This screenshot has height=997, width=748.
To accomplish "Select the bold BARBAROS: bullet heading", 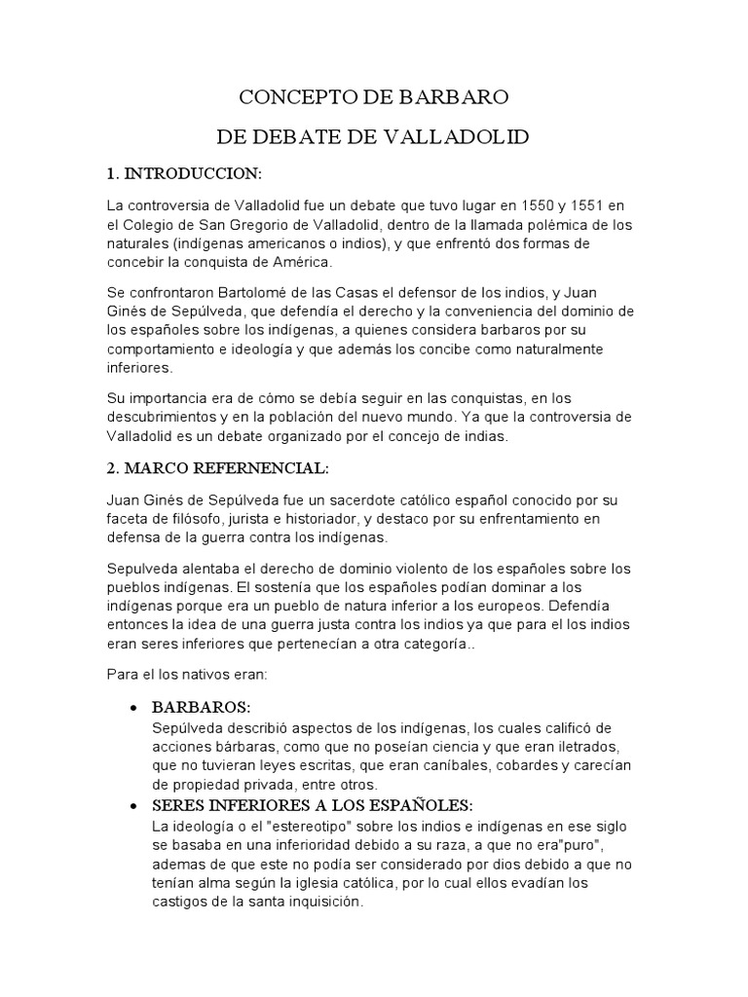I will point(202,706).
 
